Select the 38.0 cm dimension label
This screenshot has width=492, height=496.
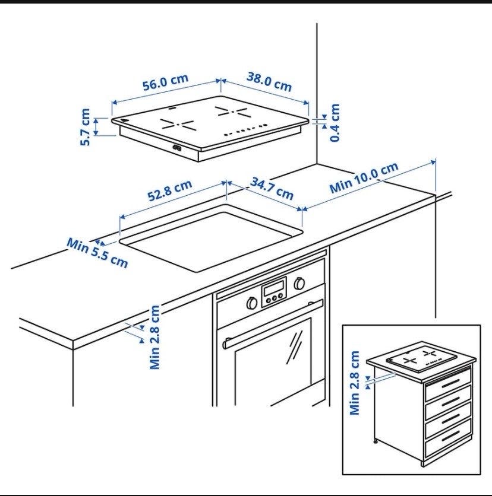(269, 82)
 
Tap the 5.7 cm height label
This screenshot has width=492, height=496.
(85, 127)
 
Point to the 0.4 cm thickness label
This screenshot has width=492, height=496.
(335, 123)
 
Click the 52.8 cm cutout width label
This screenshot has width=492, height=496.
(170, 190)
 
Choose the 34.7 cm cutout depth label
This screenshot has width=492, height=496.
(272, 189)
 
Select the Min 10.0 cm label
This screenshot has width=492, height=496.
(364, 178)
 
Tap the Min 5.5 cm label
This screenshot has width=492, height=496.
(97, 253)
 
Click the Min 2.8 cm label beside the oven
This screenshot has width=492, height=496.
(155, 337)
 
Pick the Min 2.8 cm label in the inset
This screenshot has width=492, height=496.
(355, 383)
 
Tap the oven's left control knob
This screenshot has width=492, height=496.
(252, 303)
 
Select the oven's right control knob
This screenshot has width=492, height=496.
(299, 284)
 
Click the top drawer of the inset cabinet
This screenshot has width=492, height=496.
(448, 384)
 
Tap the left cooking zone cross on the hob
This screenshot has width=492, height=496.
(177, 124)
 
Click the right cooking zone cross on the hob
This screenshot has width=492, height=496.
(232, 112)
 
